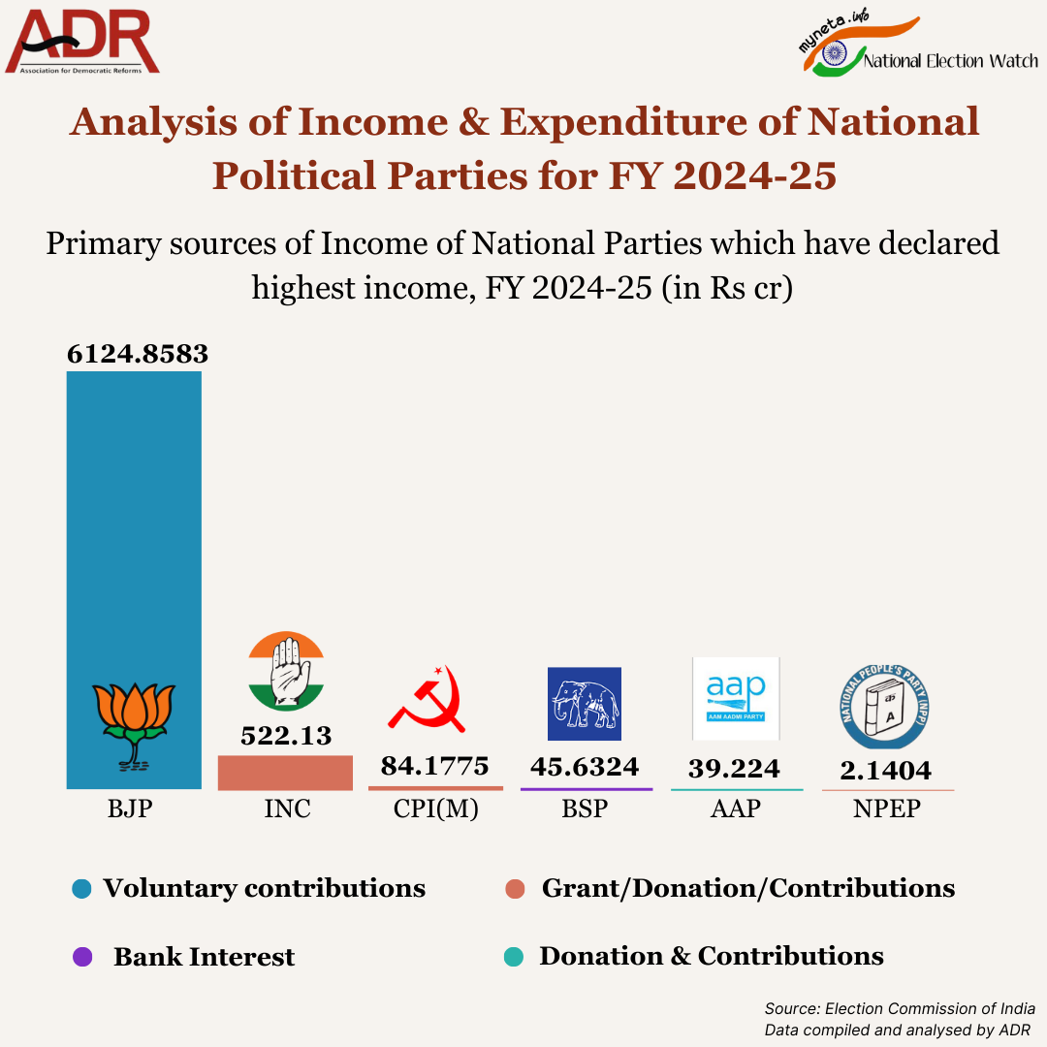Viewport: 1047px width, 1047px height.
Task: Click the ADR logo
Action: (82, 42)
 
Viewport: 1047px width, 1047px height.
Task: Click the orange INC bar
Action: (285, 773)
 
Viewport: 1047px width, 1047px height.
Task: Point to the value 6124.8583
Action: (138, 354)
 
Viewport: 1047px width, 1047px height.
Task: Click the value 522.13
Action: (286, 736)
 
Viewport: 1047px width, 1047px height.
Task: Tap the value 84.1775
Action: (434, 766)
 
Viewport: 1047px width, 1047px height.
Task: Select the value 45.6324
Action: (585, 767)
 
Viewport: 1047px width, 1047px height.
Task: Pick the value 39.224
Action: (734, 769)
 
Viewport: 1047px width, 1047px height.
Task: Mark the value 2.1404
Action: (885, 770)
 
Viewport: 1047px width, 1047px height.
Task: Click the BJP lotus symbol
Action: (134, 723)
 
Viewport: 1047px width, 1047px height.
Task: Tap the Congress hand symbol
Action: (285, 672)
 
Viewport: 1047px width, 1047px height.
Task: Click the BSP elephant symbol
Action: (585, 704)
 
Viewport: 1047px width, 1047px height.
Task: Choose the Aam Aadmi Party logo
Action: (736, 698)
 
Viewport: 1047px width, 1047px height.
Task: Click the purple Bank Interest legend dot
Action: (82, 957)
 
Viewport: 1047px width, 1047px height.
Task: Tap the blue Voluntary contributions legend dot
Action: (82, 889)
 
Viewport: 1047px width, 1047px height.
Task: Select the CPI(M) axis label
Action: (436, 809)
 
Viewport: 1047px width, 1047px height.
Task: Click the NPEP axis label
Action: (886, 809)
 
